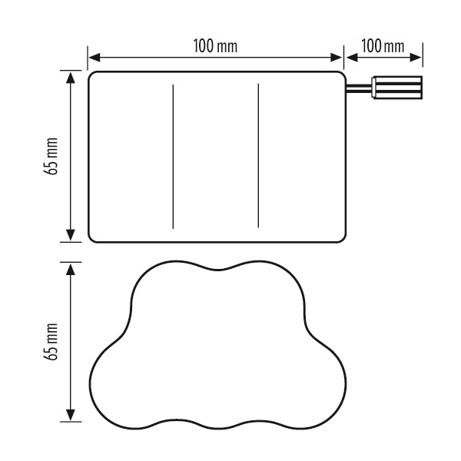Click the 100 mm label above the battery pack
tap(215, 46)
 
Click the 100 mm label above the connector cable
tap(383, 46)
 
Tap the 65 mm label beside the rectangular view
tap(51, 156)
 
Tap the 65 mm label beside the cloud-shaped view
tap(51, 341)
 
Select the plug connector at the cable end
tap(397, 88)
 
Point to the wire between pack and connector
tap(359, 88)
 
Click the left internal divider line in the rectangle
tap(173, 157)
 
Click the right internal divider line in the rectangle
tap(258, 155)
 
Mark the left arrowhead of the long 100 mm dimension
tap(94, 58)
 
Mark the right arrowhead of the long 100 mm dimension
tap(337, 58)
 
